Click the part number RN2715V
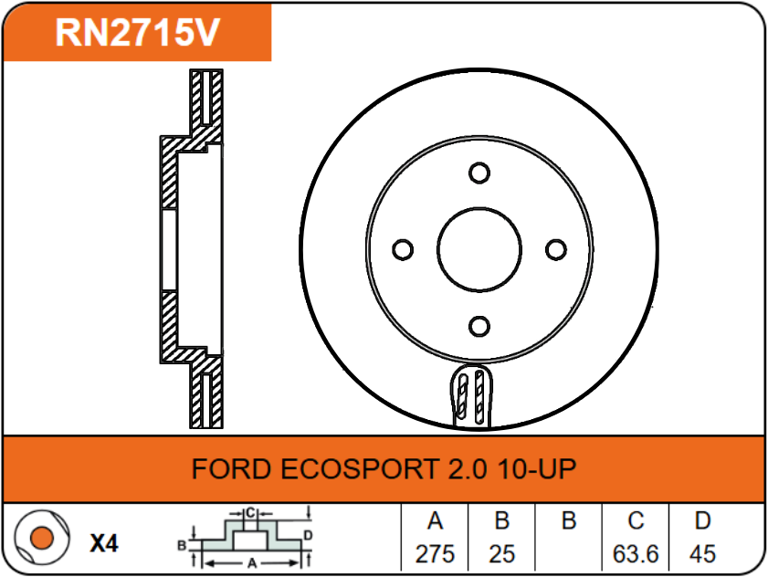coord(137,32)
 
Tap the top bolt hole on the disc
coord(479,173)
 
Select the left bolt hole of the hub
coord(402,249)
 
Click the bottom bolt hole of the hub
coord(479,326)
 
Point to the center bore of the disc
coord(479,249)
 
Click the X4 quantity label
coord(104,544)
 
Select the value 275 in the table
coord(435,553)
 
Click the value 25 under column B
coord(501,553)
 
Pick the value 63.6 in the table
coord(636,553)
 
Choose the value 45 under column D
coord(702,553)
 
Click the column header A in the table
coord(435,522)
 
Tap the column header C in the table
coord(636,522)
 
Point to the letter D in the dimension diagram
coord(308,534)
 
